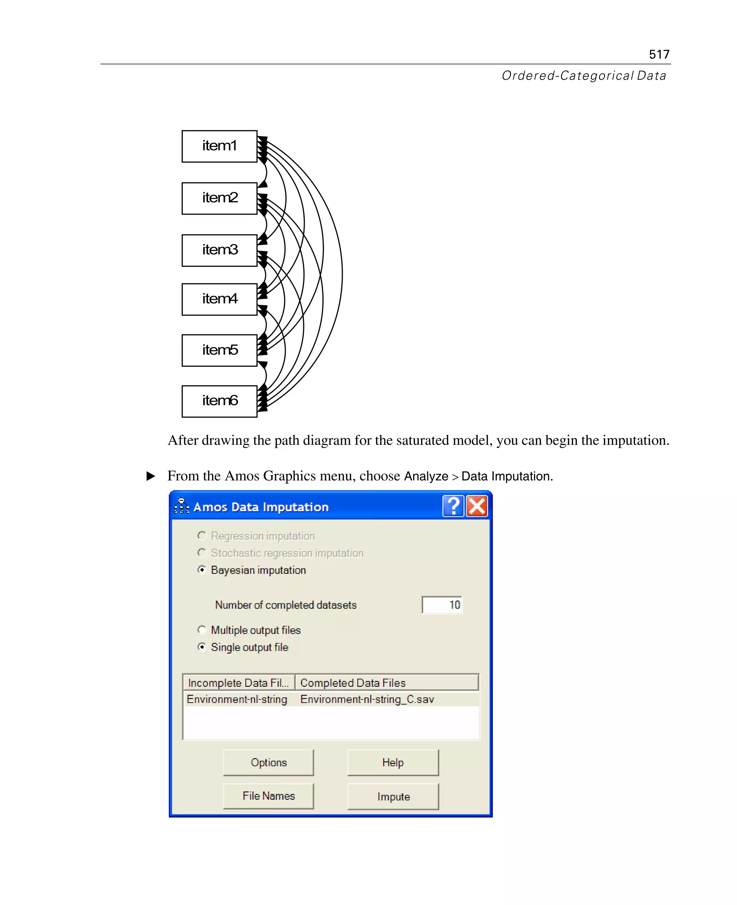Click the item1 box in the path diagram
[220, 146]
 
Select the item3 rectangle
[220, 250]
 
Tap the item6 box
[220, 401]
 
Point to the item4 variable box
[220, 299]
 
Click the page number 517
[659, 54]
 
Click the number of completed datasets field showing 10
[442, 604]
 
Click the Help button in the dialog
[393, 762]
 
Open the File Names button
[269, 796]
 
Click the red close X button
[477, 506]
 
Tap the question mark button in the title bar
[453, 506]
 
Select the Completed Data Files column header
[387, 683]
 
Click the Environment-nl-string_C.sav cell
[367, 699]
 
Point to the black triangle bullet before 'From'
[151, 476]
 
